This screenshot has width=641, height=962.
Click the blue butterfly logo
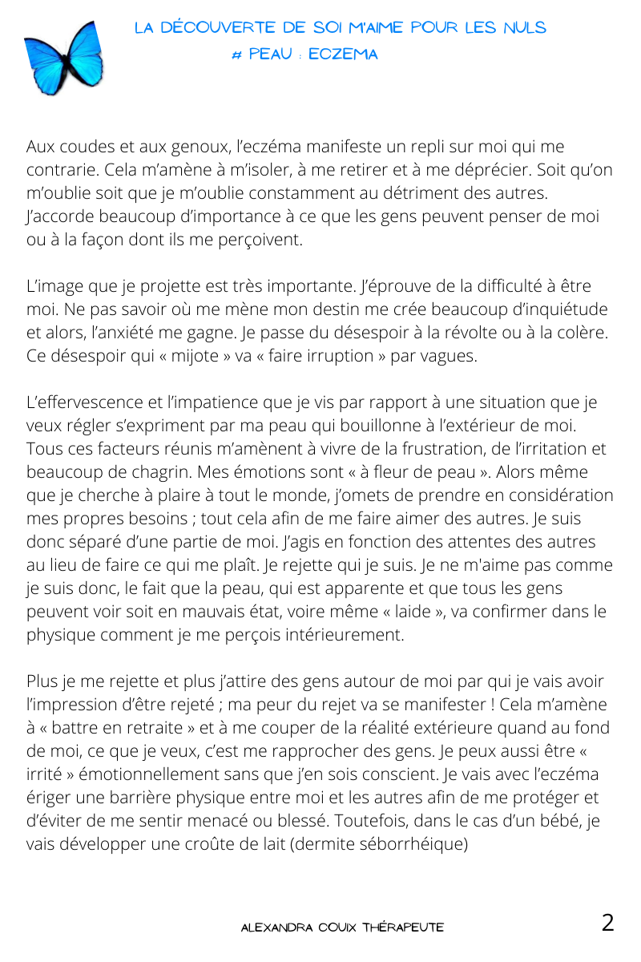[64, 58]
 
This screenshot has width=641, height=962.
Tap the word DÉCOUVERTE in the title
[215, 28]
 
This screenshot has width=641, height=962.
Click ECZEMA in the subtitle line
[344, 55]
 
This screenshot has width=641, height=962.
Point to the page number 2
[608, 923]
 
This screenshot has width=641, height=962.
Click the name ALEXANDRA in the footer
[277, 928]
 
